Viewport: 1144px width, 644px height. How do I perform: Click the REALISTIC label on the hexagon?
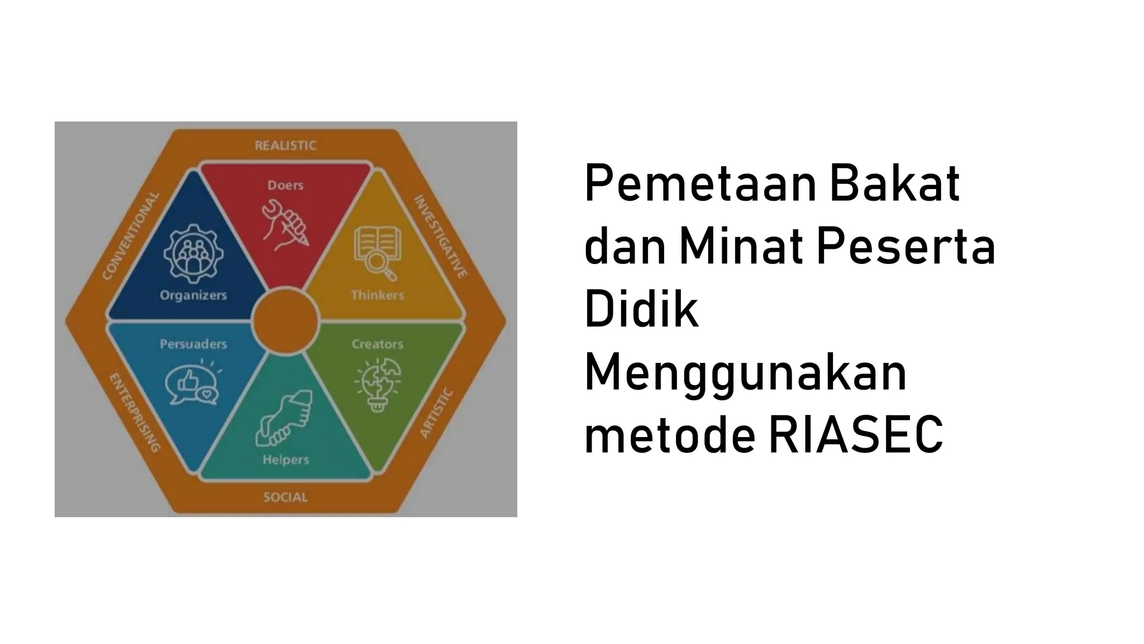tap(285, 145)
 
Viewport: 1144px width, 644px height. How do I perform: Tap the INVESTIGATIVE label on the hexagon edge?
tap(440, 236)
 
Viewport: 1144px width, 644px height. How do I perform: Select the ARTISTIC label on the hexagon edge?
tap(436, 413)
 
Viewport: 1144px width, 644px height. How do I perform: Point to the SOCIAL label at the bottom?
tap(285, 497)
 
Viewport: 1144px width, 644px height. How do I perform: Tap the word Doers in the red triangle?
tap(285, 185)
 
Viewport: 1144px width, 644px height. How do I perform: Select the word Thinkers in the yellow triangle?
tap(378, 295)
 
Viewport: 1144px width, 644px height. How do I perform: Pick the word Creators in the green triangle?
tap(378, 344)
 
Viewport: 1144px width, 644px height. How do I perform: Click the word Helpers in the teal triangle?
tap(285, 460)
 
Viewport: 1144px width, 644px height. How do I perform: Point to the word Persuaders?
tap(193, 344)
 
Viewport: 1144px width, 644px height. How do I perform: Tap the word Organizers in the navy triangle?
tap(193, 295)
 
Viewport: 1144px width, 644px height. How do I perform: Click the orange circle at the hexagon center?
tap(285, 321)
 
